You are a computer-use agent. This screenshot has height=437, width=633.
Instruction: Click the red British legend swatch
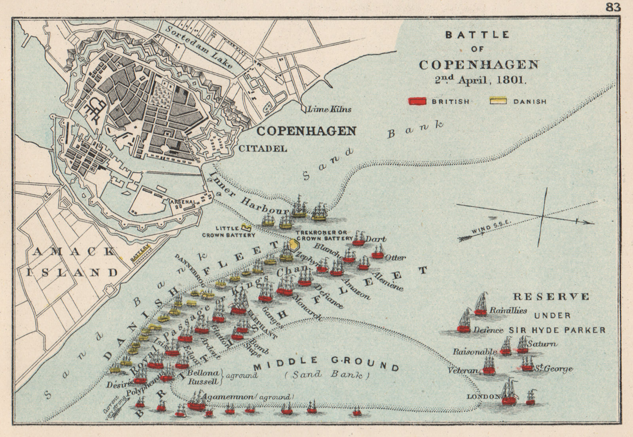(x=417, y=101)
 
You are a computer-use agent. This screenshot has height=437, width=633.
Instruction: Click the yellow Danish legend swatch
(x=499, y=101)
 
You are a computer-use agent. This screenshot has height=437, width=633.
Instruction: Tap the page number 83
(x=613, y=7)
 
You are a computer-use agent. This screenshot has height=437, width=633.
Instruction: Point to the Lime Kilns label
(x=329, y=109)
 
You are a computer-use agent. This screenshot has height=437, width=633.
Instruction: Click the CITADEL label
(x=263, y=149)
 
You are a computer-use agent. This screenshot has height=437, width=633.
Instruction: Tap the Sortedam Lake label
(x=199, y=48)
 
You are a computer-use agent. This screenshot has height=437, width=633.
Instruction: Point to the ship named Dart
(x=359, y=239)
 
